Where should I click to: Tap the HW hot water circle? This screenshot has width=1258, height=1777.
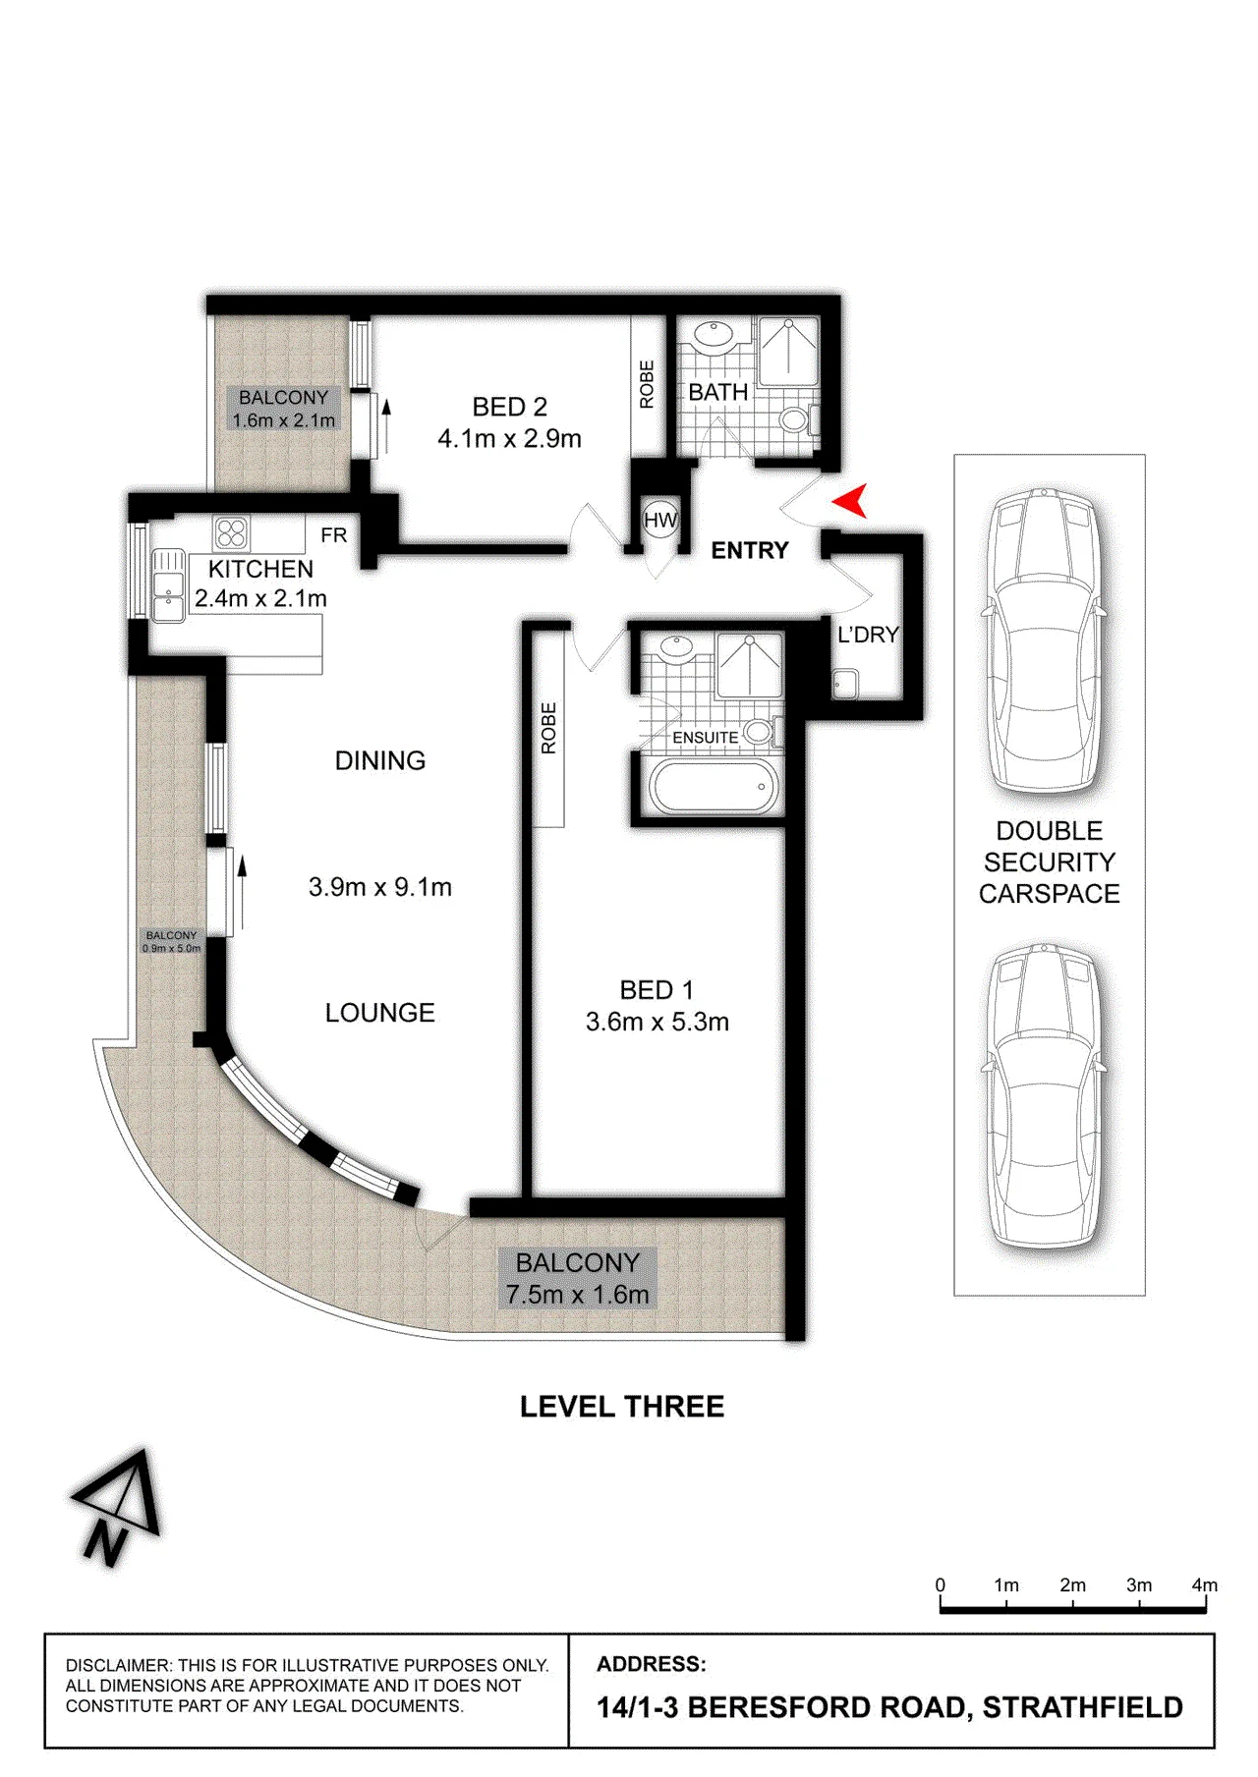[660, 520]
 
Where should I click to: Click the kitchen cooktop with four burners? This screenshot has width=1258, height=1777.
[231, 533]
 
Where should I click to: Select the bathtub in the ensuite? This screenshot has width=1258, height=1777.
[713, 787]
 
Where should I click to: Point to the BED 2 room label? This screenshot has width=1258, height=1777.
[509, 407]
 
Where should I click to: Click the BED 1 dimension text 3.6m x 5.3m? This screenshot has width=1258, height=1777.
[658, 1022]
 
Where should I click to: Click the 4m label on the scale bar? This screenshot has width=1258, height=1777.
[1204, 1584]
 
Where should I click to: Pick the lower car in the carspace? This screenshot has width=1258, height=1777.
[1049, 1094]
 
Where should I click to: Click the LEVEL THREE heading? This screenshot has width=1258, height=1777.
[622, 1407]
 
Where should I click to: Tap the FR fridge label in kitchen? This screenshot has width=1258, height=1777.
[334, 535]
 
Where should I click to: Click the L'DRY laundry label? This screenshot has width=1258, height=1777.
[868, 636]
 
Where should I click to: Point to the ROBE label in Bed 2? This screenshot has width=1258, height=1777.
[647, 384]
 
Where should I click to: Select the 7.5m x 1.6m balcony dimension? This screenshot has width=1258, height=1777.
[578, 1295]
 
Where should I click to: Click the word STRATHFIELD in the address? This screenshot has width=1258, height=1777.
[1083, 1707]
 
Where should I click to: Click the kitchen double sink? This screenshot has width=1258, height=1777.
[168, 585]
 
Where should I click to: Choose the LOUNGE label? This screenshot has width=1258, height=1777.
[380, 1013]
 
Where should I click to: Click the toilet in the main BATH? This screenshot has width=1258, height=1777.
[797, 419]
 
